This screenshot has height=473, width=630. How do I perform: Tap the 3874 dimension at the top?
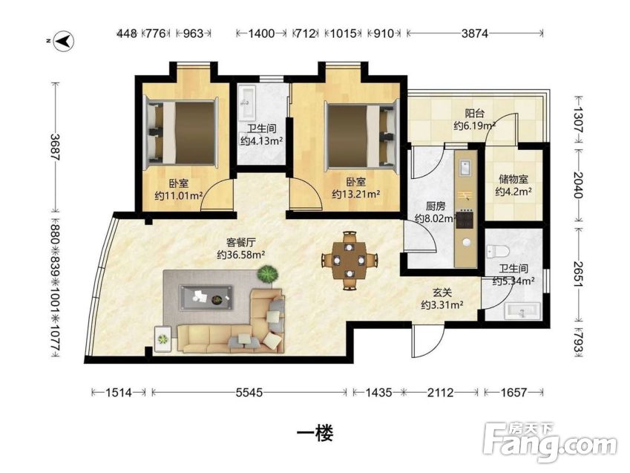tap(474, 33)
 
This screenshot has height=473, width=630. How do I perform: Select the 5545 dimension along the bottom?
tap(249, 392)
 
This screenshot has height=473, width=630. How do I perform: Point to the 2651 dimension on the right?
tap(579, 274)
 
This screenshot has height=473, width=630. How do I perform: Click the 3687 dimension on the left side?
tap(55, 147)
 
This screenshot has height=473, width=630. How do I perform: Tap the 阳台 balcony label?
tap(474, 114)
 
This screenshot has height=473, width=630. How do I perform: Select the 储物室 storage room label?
tap(513, 178)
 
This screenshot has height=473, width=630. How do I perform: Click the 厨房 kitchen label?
tap(436, 206)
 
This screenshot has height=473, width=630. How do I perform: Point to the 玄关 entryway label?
tap(442, 293)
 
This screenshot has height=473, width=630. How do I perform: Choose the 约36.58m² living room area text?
tap(241, 255)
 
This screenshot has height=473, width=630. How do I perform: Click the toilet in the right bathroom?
tap(498, 252)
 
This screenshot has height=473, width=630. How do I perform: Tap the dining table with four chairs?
tap(350, 260)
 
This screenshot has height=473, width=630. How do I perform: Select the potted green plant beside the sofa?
tap(268, 274)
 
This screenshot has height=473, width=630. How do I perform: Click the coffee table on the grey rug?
tap(206, 298)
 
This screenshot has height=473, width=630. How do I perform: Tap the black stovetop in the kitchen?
tap(466, 220)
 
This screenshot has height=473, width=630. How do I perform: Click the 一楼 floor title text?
tap(315, 433)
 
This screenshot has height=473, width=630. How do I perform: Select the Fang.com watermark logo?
tap(550, 443)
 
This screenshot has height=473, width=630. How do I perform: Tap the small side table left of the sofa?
tap(163, 339)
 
